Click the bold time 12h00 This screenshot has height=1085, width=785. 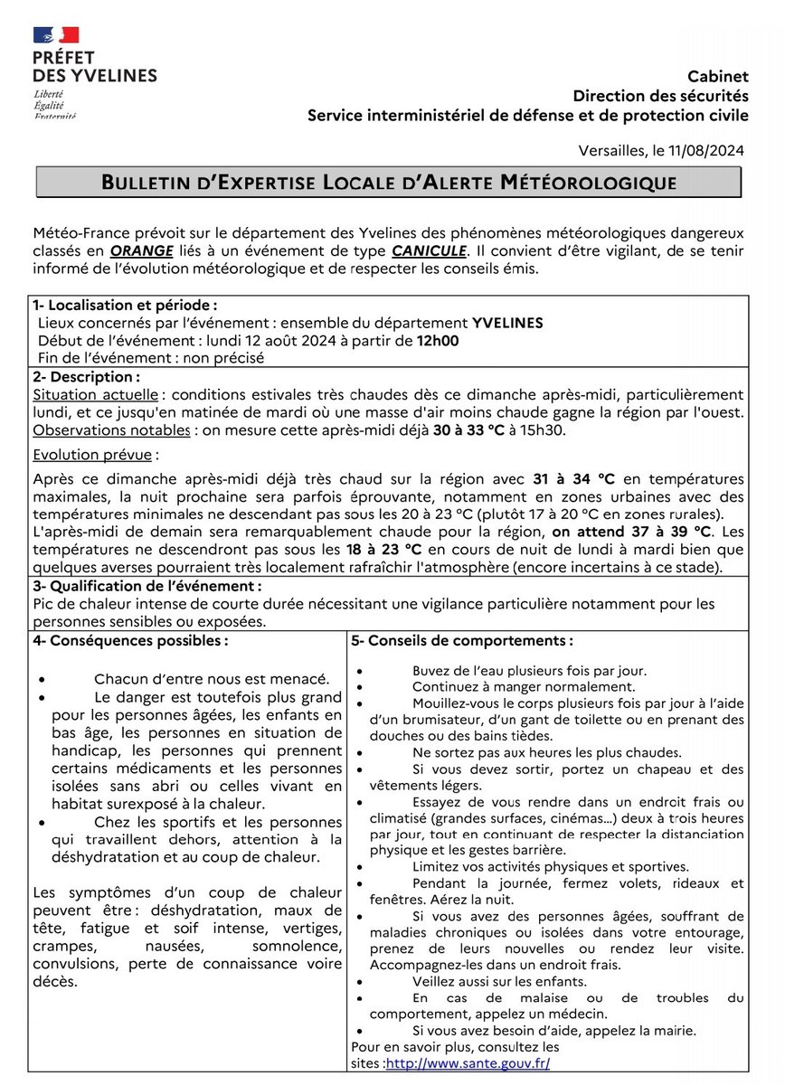click(x=438, y=341)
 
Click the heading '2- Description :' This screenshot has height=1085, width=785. click(x=86, y=376)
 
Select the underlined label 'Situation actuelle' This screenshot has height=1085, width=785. click(x=97, y=395)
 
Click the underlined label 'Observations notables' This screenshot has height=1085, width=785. click(x=111, y=430)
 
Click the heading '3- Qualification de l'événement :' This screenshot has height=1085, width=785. click(x=147, y=586)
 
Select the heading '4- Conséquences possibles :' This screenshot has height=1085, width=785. click(x=130, y=640)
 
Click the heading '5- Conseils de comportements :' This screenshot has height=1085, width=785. click(x=462, y=640)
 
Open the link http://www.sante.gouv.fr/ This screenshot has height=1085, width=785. click(x=468, y=1063)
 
